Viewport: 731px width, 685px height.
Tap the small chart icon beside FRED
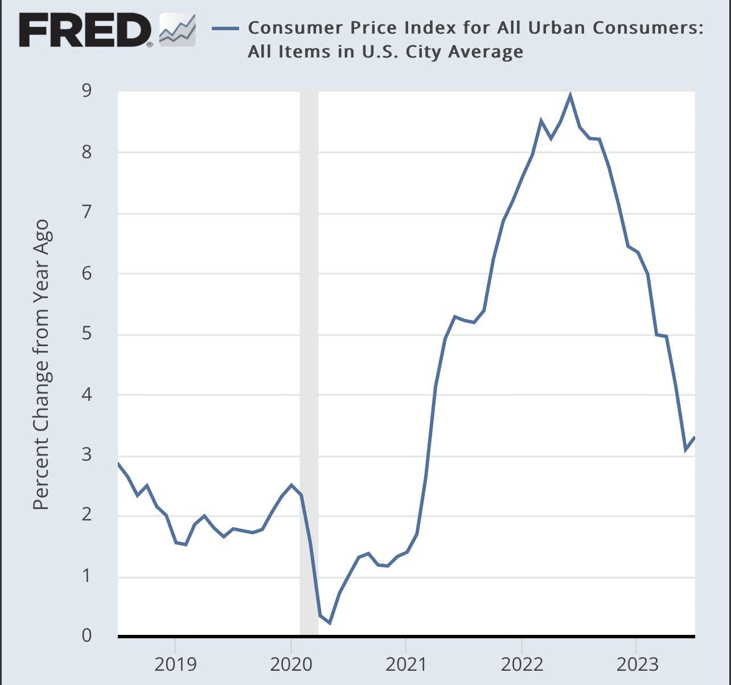click(x=177, y=30)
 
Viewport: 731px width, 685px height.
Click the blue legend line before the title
click(x=225, y=28)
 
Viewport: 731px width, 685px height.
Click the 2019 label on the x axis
click(x=175, y=663)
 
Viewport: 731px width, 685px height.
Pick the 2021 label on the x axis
click(x=405, y=663)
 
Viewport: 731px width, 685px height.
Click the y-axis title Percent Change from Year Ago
click(x=41, y=364)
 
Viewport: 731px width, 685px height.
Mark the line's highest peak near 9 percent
click(x=570, y=96)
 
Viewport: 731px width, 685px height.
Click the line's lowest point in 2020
click(x=330, y=623)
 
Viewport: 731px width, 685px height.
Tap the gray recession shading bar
click(x=309, y=364)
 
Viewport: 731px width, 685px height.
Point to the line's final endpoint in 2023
click(x=695, y=437)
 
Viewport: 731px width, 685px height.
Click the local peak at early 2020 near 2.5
click(x=291, y=485)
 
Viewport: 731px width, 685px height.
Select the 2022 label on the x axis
click(x=521, y=663)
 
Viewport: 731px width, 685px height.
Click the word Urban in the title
click(x=578, y=27)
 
